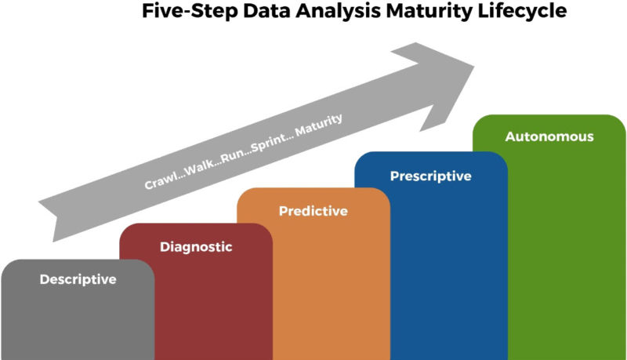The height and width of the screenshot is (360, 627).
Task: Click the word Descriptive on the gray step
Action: pyautogui.click(x=78, y=279)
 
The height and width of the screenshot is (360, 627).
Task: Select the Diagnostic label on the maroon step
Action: pyautogui.click(x=196, y=247)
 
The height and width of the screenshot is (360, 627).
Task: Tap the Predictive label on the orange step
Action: pyautogui.click(x=313, y=211)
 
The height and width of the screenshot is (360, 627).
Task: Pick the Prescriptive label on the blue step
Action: pyautogui.click(x=430, y=176)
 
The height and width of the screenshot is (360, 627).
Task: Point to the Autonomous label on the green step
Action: pyautogui.click(x=549, y=136)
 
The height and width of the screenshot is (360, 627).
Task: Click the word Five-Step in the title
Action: pyautogui.click(x=190, y=11)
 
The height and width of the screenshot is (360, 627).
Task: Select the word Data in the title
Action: pyautogui.click(x=266, y=11)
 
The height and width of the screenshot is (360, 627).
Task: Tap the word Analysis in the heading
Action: pyautogui.click(x=339, y=12)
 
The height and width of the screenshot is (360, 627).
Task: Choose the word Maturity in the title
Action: pyautogui.click(x=429, y=12)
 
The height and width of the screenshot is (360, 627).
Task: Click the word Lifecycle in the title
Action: pyautogui.click(x=522, y=12)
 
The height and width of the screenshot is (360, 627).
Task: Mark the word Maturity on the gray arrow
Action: pyautogui.click(x=319, y=125)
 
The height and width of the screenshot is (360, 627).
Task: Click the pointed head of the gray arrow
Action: pyautogui.click(x=474, y=67)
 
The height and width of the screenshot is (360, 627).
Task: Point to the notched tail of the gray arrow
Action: pyautogui.click(x=56, y=216)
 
